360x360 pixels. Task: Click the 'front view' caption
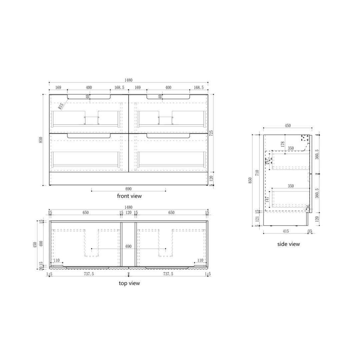point(129,196)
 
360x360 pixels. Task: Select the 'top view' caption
point(129,283)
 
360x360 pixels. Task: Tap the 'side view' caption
point(288,244)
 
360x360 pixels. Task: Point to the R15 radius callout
point(61,106)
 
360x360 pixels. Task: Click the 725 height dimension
point(211,133)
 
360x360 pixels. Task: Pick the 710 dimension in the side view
point(257,173)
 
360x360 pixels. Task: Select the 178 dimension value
point(283,144)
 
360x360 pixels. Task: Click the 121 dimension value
point(257,219)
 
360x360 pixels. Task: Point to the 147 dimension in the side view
point(267,200)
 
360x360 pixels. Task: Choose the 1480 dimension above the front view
point(128,80)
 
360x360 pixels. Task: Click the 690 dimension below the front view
point(128,189)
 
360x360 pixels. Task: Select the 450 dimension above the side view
point(288,126)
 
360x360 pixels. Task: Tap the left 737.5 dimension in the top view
point(89,274)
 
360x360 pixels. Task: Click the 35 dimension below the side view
point(310,231)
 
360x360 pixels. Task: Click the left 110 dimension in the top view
point(56,260)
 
